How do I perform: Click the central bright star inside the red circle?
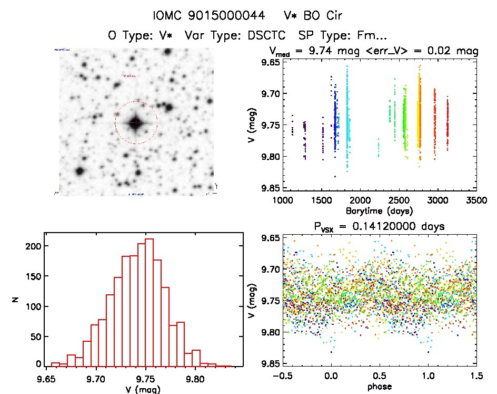pyautogui.click(x=136, y=122)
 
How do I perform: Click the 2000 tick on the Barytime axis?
pyautogui.click(x=360, y=200)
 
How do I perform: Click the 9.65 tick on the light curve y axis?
pyautogui.click(x=265, y=63)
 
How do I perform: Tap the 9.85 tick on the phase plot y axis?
pyautogui.click(x=265, y=363)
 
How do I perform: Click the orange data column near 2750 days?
pyautogui.click(x=420, y=116)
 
